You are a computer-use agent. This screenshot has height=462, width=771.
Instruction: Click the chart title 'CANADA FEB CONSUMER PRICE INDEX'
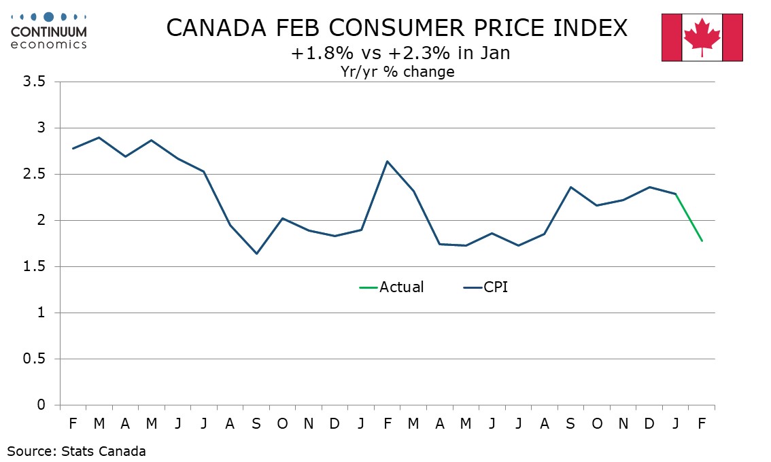coord(396,29)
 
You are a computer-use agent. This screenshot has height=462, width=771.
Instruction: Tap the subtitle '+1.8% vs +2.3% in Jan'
coord(400,53)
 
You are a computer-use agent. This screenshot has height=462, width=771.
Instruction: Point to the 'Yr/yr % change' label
coord(398,71)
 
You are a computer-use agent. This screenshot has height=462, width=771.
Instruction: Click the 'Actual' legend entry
coord(400,287)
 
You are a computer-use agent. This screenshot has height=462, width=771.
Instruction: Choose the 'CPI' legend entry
coord(495,287)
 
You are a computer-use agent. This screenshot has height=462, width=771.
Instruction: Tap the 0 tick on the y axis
coord(41,406)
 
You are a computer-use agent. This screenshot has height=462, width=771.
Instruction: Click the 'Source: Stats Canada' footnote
coord(77,450)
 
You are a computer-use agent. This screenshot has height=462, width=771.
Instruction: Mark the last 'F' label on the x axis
coord(702,423)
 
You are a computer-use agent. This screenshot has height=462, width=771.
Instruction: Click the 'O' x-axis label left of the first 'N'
coord(282,423)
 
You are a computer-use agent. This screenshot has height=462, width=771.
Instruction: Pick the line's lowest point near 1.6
coord(256,253)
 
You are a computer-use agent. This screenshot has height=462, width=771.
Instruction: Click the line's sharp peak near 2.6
coord(387,161)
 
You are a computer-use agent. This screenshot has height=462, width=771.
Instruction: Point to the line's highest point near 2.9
coord(99,137)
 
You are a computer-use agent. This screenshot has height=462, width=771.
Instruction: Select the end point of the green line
coord(702,241)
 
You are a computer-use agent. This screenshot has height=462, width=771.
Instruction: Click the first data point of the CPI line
coord(73,148)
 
